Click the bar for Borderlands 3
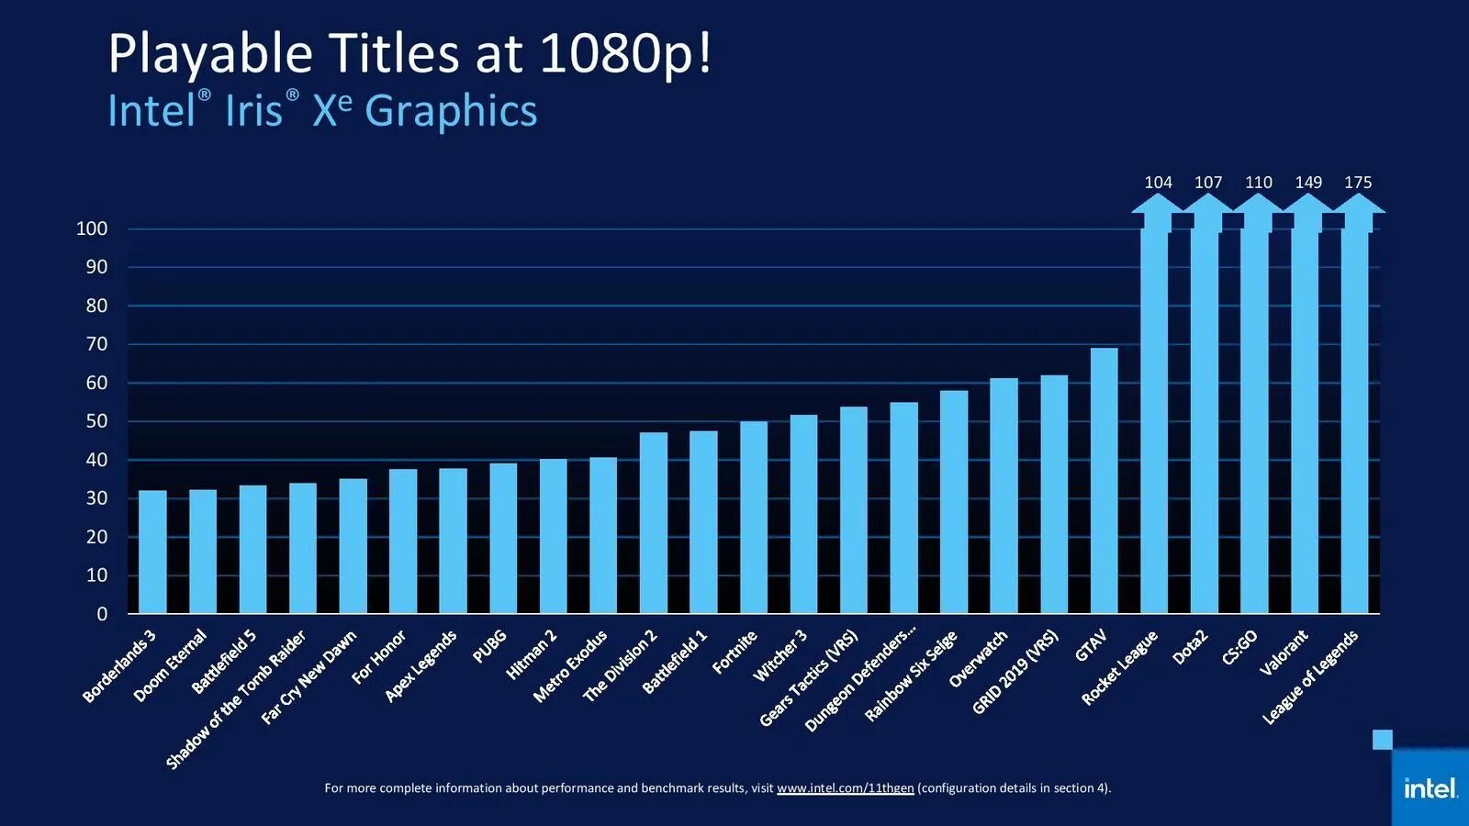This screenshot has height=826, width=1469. (152, 552)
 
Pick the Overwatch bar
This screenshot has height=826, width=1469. (1004, 496)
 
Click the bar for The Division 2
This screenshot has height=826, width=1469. (654, 522)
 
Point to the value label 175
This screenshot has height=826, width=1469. (1358, 182)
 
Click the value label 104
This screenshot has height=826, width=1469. (1158, 182)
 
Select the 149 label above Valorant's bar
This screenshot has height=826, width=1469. (1308, 182)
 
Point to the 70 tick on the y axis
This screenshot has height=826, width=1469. (96, 344)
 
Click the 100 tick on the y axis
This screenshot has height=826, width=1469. (92, 229)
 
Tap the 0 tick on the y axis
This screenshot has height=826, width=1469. (102, 614)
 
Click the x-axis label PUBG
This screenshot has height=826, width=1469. (489, 646)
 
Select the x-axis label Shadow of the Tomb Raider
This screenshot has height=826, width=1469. (236, 699)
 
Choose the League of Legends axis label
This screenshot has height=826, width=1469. (1310, 676)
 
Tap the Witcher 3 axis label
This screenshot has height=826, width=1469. (779, 655)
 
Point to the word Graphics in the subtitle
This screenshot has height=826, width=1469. (451, 111)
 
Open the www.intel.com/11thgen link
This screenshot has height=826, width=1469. (845, 787)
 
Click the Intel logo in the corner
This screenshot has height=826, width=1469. (1430, 787)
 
